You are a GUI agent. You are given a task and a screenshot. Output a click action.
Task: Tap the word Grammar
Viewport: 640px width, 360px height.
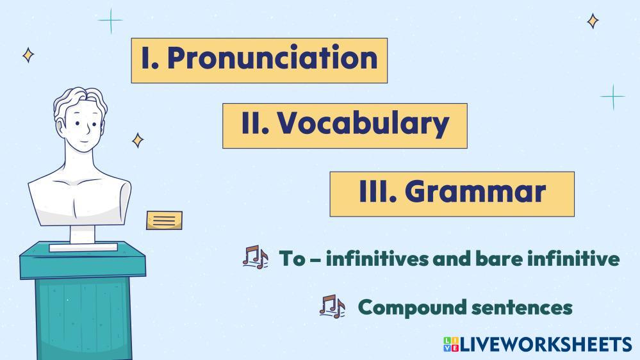475,192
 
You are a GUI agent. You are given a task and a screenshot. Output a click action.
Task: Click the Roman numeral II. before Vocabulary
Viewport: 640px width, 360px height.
255,122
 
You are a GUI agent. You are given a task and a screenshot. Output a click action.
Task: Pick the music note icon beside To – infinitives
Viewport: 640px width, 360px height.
255,257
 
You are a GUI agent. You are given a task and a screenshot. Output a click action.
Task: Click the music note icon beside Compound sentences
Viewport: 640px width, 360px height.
332,306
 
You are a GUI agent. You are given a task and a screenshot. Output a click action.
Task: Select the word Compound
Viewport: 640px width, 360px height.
411,307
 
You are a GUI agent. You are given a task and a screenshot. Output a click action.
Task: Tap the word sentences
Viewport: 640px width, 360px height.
521,307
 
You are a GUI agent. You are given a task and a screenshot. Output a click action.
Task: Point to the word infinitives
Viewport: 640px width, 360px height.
376,258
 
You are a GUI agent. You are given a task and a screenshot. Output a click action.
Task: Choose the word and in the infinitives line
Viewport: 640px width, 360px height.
450,258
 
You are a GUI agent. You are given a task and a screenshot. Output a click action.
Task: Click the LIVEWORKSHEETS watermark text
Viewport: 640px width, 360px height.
546,345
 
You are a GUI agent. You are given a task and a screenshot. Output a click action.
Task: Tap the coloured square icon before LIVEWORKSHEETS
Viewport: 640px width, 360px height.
451,345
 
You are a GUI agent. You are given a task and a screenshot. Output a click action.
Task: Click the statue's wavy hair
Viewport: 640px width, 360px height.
81,101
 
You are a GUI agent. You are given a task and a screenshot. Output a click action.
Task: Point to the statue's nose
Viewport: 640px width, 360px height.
88,129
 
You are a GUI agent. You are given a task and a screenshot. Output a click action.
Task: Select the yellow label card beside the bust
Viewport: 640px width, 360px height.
165,220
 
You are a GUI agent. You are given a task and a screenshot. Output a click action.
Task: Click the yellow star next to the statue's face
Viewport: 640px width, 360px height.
138,140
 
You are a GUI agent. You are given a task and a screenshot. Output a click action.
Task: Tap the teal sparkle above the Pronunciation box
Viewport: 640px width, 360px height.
110,20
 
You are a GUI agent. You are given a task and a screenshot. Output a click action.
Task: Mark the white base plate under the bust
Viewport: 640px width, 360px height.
83,247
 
